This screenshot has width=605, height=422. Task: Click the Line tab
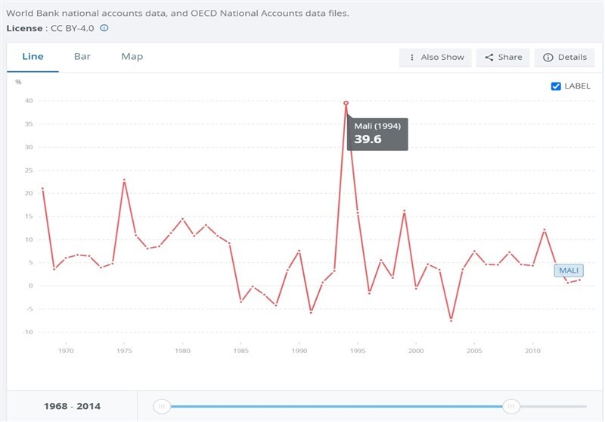click(x=33, y=57)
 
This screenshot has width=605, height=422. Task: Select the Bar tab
click(x=82, y=57)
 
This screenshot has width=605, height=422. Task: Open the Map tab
click(x=132, y=57)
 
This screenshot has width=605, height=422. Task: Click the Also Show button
click(x=436, y=58)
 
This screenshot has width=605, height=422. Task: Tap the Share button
click(x=504, y=58)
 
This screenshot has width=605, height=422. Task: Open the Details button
click(x=565, y=58)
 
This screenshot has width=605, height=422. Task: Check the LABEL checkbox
click(x=557, y=86)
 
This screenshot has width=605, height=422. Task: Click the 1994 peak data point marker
click(x=346, y=103)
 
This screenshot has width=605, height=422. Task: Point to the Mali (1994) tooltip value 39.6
click(x=368, y=139)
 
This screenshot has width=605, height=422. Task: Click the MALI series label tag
click(x=569, y=270)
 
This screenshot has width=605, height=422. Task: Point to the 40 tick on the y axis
click(x=29, y=101)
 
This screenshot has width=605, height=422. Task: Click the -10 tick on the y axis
click(x=28, y=332)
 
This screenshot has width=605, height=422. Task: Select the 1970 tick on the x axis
click(x=66, y=351)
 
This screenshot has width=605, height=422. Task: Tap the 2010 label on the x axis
click(x=532, y=351)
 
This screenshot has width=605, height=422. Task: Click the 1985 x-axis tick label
click(x=240, y=351)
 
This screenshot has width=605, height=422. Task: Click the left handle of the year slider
click(x=161, y=407)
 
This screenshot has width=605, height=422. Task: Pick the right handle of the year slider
click(x=511, y=407)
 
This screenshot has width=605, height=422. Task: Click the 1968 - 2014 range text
click(x=73, y=407)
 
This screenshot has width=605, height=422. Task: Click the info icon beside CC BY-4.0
click(x=104, y=28)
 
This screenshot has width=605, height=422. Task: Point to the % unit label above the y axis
click(x=18, y=82)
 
